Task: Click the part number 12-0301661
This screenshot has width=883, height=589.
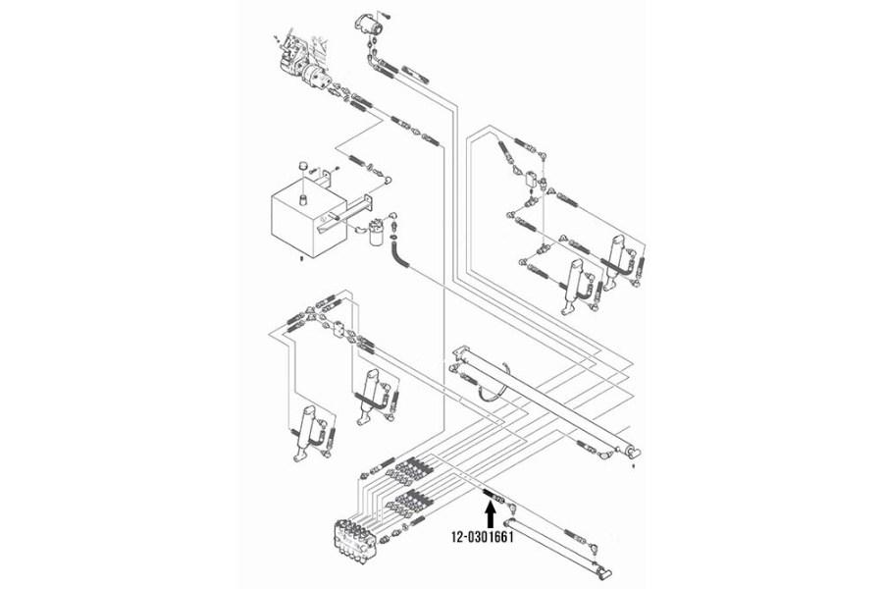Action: point(484,537)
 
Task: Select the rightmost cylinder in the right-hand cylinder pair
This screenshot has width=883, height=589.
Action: point(618,256)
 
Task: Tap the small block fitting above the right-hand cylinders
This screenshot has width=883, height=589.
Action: point(532,180)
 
